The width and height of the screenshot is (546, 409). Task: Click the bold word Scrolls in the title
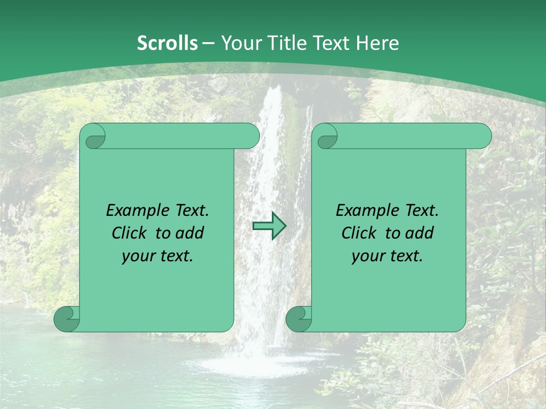pyautogui.click(x=167, y=43)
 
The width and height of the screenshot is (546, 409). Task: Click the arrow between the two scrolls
pyautogui.click(x=269, y=226)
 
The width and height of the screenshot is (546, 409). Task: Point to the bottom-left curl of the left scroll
pyautogui.click(x=67, y=319)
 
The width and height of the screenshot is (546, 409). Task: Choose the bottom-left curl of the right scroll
pyautogui.click(x=299, y=319)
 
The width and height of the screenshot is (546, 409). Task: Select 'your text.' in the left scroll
pyautogui.click(x=158, y=256)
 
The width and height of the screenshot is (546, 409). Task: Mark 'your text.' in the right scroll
pyautogui.click(x=387, y=256)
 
